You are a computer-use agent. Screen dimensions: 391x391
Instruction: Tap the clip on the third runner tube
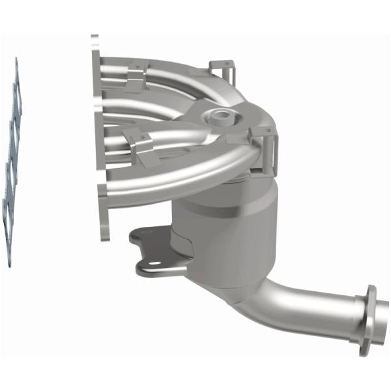point(139,145)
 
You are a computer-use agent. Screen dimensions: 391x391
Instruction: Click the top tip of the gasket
point(16,61)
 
